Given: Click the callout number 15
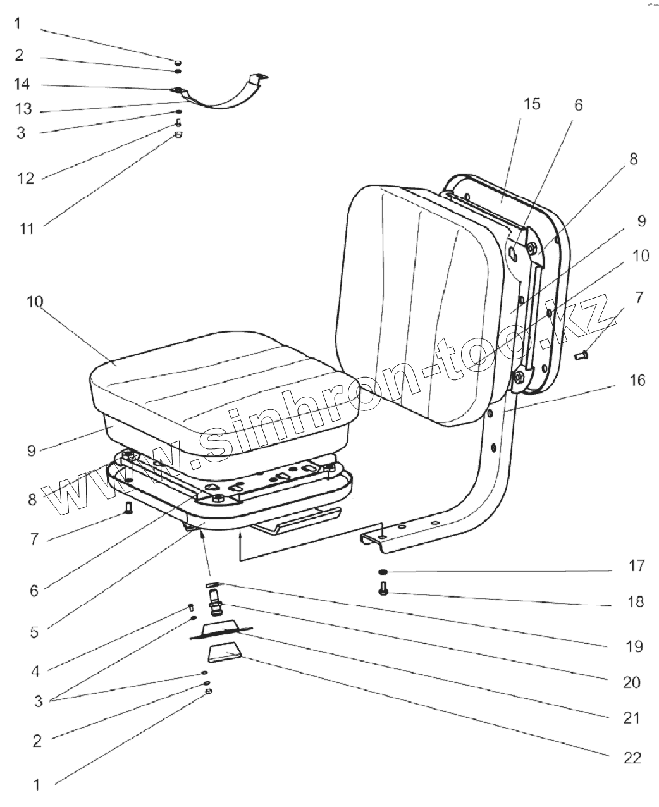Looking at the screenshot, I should tap(533, 104).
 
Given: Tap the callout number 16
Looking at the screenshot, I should tap(637, 380).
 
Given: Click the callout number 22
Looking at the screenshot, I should tap(632, 758).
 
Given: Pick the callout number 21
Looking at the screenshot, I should tap(631, 718).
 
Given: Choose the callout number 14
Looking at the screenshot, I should tap(22, 85).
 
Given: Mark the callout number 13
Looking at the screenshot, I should tap(23, 109).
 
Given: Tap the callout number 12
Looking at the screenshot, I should tap(25, 179).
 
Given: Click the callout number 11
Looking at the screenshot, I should tap(26, 228).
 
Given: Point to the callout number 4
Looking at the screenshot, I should tap(35, 671).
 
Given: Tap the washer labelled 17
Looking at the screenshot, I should tap(383, 572).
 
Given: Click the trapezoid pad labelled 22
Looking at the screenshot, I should tap(224, 652).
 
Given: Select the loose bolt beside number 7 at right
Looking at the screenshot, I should tap(581, 357).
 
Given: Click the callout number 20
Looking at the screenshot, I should tap(631, 682).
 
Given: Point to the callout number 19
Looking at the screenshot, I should tap(634, 646).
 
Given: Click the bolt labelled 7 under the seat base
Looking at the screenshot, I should tap(129, 507).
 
